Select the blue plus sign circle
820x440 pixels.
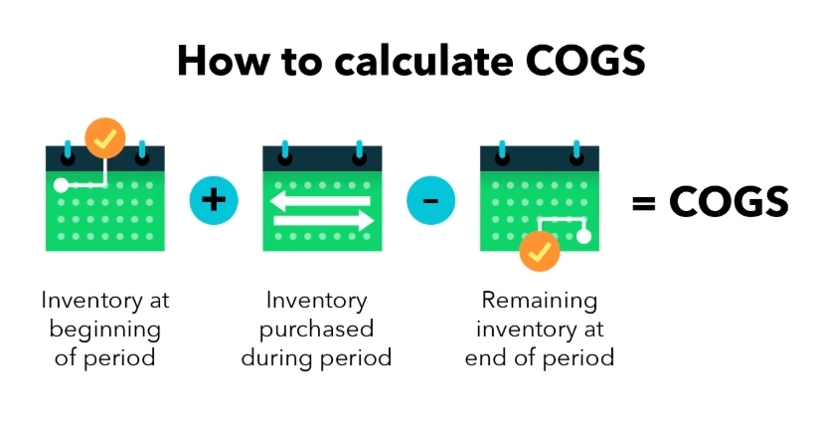pos(214,199)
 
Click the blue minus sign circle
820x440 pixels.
pos(430,200)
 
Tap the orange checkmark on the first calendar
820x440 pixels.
pos(105,138)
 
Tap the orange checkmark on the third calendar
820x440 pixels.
pos(540,252)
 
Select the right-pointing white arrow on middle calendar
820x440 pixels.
pos(324,220)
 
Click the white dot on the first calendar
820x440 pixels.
pos(62,185)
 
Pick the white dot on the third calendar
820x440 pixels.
pos(583,236)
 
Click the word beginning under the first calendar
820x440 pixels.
pos(105,329)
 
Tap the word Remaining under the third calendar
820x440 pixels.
pos(540,300)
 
